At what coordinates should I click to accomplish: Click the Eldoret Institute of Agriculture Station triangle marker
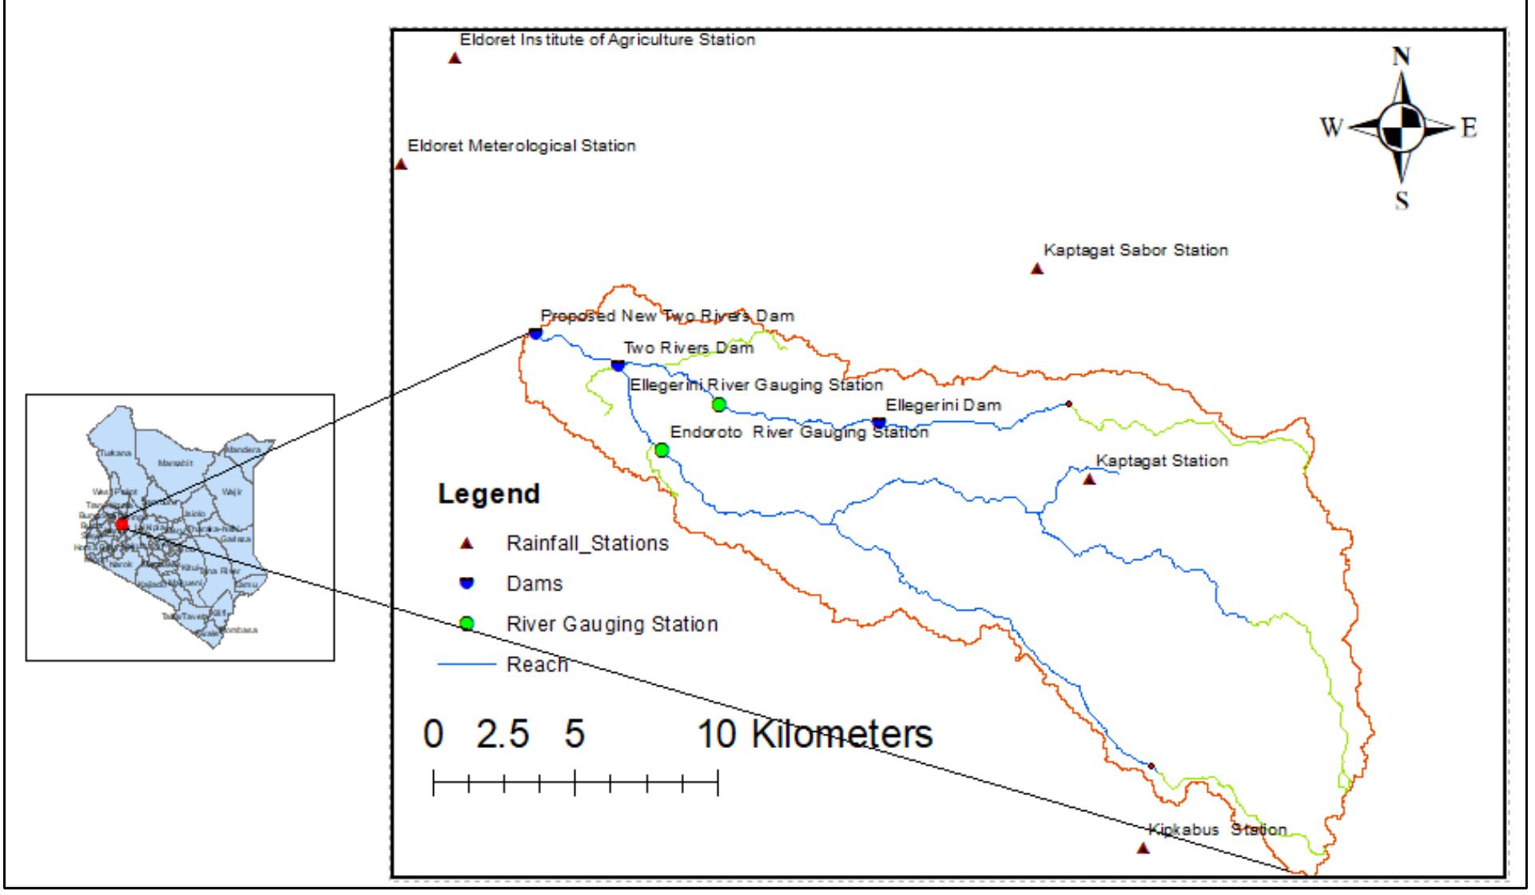454,58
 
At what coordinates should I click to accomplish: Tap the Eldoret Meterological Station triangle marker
401,164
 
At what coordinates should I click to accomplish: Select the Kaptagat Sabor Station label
1135,250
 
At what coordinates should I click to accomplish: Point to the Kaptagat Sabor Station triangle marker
1037,268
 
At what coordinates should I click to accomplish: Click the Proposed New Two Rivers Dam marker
535,332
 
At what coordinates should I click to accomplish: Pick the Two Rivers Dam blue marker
618,365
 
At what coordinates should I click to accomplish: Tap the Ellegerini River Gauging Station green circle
718,404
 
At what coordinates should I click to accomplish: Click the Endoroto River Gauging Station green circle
662,450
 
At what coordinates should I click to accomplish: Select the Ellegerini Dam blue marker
879,422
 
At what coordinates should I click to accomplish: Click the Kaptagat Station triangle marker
1088,479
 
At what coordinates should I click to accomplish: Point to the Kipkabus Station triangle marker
1143,848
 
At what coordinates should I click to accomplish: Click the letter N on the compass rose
1402,57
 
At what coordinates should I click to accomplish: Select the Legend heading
489,494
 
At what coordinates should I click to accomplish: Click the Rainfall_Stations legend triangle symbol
468,544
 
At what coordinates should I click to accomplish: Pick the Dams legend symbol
468,583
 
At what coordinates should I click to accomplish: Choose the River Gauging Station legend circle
468,623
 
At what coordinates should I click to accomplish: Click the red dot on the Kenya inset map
121,524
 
